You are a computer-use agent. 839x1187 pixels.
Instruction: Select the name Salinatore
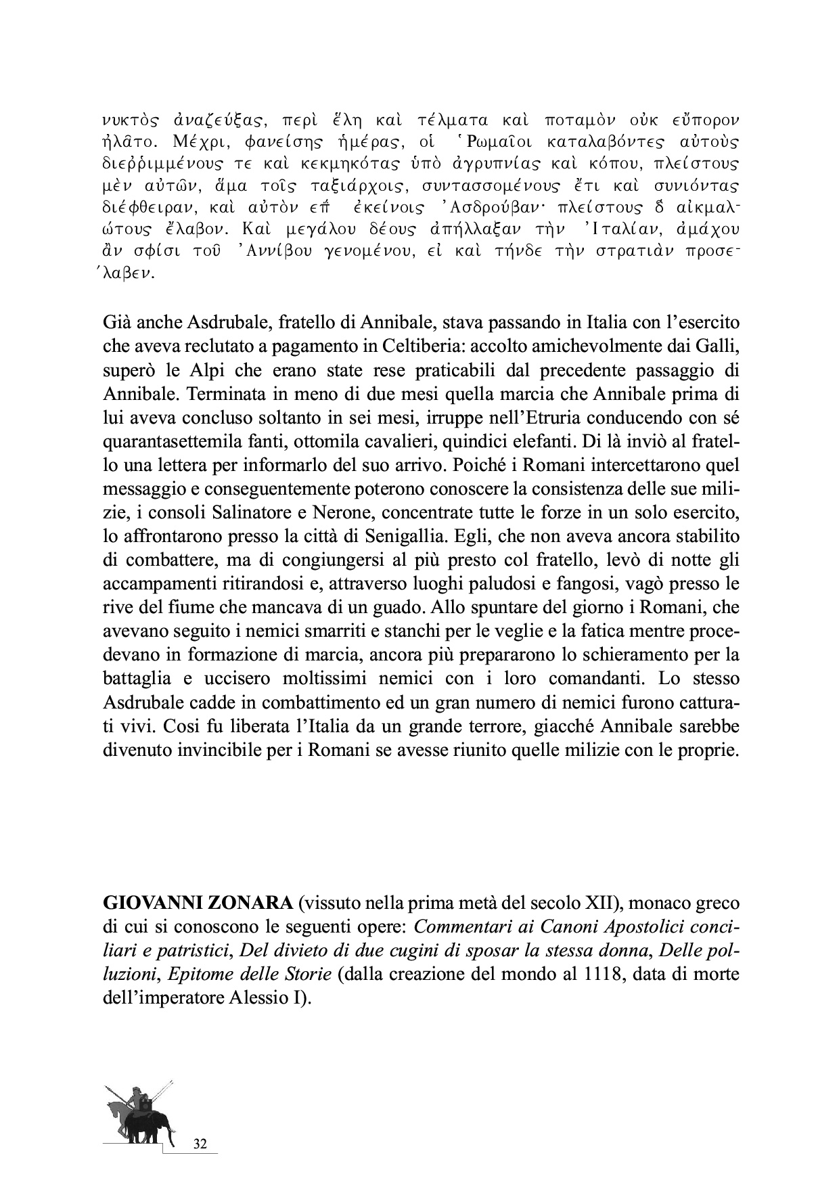(251, 513)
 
